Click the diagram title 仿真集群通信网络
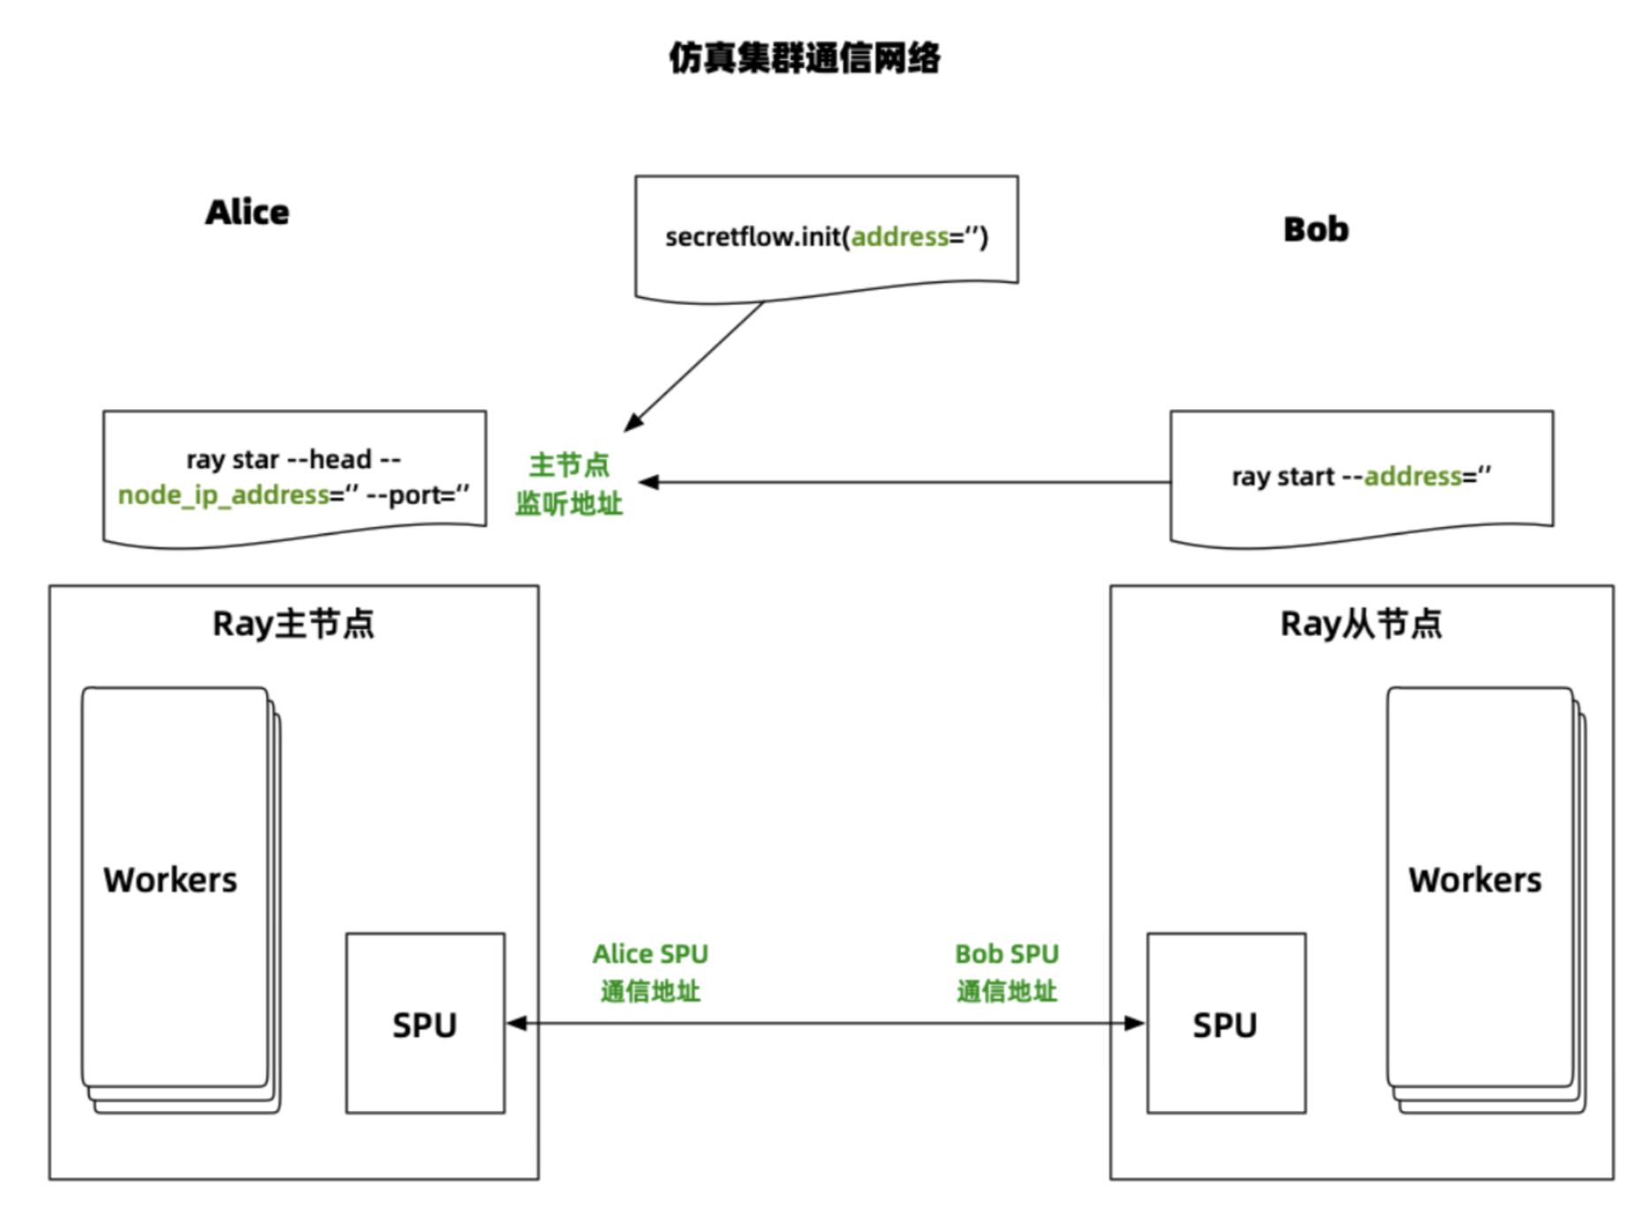pos(804,58)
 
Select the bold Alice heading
pos(247,212)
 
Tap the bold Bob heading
pos(1315,230)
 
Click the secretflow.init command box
pos(826,237)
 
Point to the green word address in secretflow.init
pos(899,237)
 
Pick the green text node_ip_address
pos(223,495)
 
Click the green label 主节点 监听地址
pos(570,483)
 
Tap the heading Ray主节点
pos(293,624)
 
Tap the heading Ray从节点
pos(1361,624)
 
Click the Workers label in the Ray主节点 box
pos(170,880)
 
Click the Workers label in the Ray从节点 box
pos(1474,880)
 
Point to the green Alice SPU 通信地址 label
pos(650,971)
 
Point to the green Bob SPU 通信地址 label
pos(1006,971)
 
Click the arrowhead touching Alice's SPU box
pos(517,1023)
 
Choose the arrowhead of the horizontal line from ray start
pos(649,481)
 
